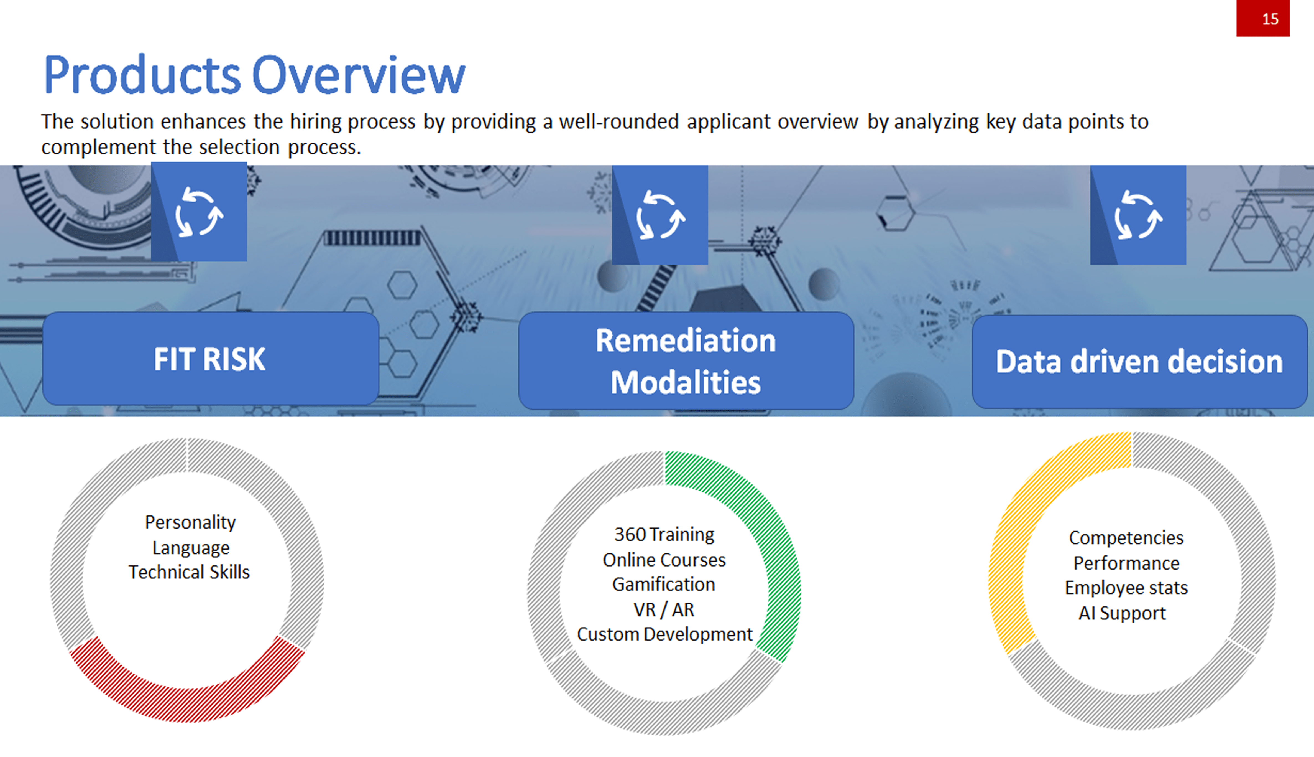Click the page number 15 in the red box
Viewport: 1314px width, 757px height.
[1270, 19]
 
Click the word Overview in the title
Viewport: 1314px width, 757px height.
[359, 75]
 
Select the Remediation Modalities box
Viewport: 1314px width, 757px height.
[686, 361]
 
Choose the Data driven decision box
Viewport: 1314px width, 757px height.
[1139, 362]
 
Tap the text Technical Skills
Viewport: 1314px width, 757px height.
[189, 572]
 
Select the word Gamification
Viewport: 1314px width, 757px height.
[663, 585]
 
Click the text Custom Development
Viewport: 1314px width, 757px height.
[664, 634]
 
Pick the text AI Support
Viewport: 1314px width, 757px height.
[1122, 613]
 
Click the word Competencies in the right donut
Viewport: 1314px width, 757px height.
[1126, 538]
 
